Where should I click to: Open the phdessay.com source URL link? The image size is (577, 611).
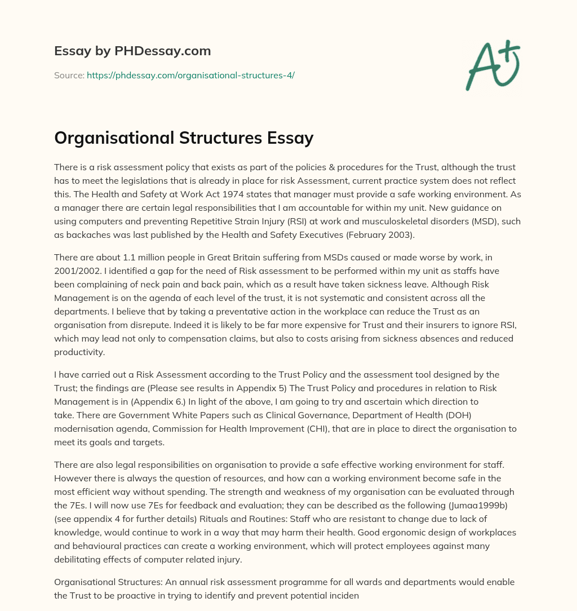(x=190, y=75)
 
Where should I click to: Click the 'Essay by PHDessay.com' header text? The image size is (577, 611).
(x=132, y=51)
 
